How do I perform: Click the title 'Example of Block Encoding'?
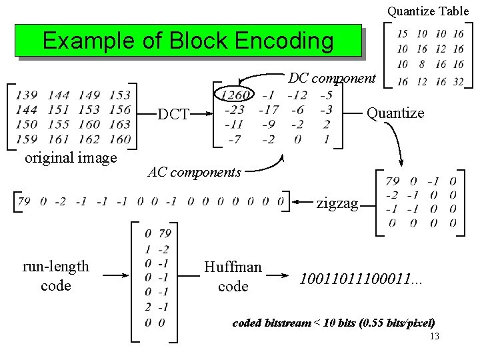coord(188,41)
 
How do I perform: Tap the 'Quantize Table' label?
coord(428,11)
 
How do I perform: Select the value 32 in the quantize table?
coord(458,81)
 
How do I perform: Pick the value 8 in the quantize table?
coord(422,65)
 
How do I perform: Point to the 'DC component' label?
coord(332,78)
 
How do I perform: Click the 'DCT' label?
coord(173,115)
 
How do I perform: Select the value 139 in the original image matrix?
coord(26,95)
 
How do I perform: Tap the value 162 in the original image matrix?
coord(89,139)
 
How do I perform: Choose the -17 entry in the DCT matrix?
coord(269,110)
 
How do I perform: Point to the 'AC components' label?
coord(194,172)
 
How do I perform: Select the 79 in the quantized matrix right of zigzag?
coord(393,181)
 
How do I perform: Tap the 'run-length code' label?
coord(55,275)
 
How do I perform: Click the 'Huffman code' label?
coord(233,276)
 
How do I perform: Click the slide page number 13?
coord(435,336)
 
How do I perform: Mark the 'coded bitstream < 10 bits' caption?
coord(333,323)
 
